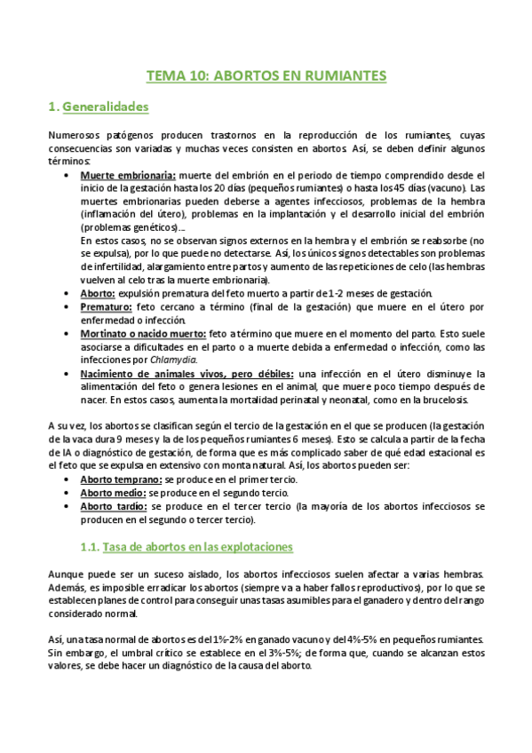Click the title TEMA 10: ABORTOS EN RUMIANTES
pos(266,76)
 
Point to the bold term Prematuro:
pos(107,306)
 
